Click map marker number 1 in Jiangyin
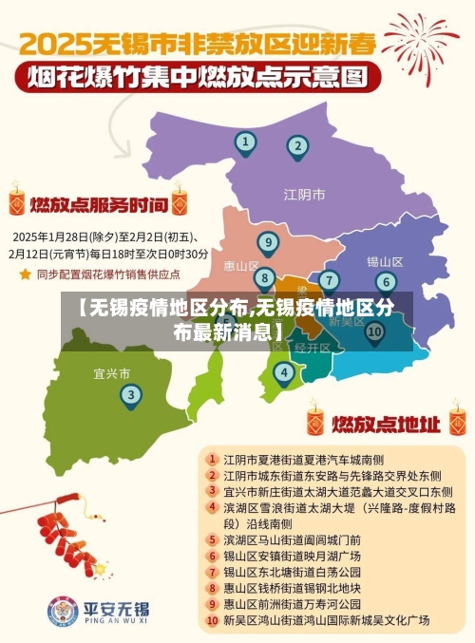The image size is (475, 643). point(245,143)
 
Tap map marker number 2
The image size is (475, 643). point(297,146)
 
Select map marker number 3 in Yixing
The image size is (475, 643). point(131,395)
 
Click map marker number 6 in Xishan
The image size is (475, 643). point(385,281)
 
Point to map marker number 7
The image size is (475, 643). point(329,280)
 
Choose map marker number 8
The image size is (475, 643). point(265,277)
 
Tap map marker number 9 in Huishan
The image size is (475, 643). point(269,242)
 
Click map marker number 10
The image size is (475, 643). point(374,331)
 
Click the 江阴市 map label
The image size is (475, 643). point(304,195)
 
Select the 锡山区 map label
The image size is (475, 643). point(385,261)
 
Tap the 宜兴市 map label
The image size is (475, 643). point(112,372)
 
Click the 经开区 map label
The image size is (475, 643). point(313,349)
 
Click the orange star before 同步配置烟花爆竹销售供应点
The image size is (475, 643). point(25,274)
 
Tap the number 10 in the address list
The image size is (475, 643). point(213,621)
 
